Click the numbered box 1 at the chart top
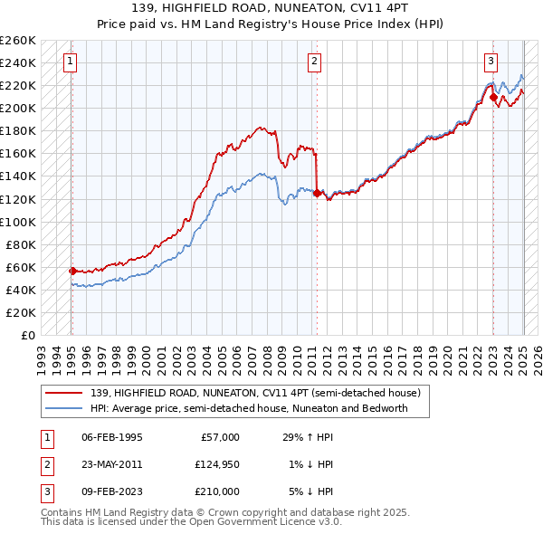point(70,62)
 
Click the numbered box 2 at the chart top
point(313,62)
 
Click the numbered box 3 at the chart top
point(490,62)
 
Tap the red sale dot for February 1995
point(72,270)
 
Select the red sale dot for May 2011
point(317,193)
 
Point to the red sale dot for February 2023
point(493,96)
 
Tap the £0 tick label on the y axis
point(27,336)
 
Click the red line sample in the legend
point(64,394)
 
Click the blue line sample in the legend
point(64,408)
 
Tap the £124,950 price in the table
point(216,464)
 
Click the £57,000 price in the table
point(220,437)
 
